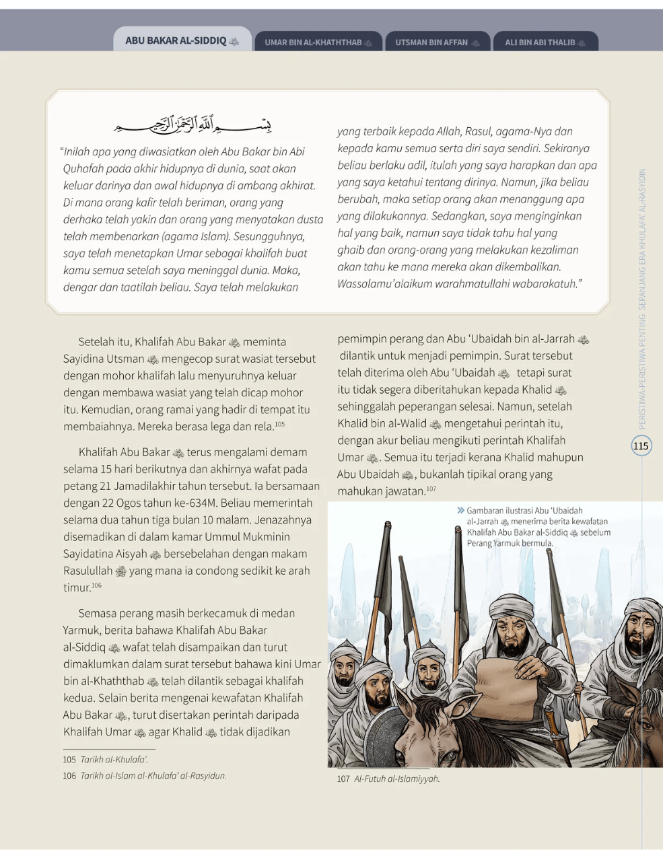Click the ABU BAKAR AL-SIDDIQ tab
click(x=182, y=40)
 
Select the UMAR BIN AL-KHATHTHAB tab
click(x=318, y=42)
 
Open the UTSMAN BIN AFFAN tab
click(x=437, y=42)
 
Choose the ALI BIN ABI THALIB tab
click(x=545, y=42)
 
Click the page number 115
click(x=641, y=445)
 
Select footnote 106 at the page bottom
click(x=145, y=775)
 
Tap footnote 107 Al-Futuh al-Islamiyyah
click(x=389, y=779)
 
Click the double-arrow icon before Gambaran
click(x=461, y=511)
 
